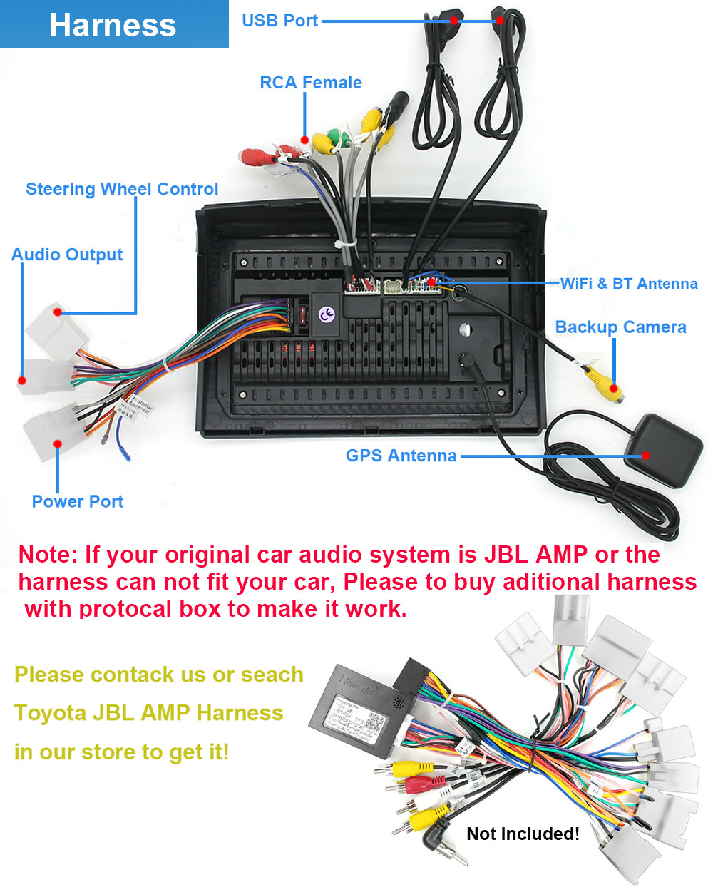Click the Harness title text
(x=113, y=25)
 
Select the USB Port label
(x=279, y=21)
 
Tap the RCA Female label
(x=310, y=83)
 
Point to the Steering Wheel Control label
(x=122, y=189)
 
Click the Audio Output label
(x=67, y=255)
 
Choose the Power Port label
(x=77, y=501)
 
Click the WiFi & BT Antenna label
(x=628, y=284)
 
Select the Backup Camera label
(x=620, y=327)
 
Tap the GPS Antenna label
(x=401, y=456)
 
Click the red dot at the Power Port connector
(x=58, y=444)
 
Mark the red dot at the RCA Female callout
(x=304, y=140)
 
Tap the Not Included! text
(x=523, y=834)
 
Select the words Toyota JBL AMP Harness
(x=148, y=713)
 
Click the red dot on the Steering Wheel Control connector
(x=58, y=312)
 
